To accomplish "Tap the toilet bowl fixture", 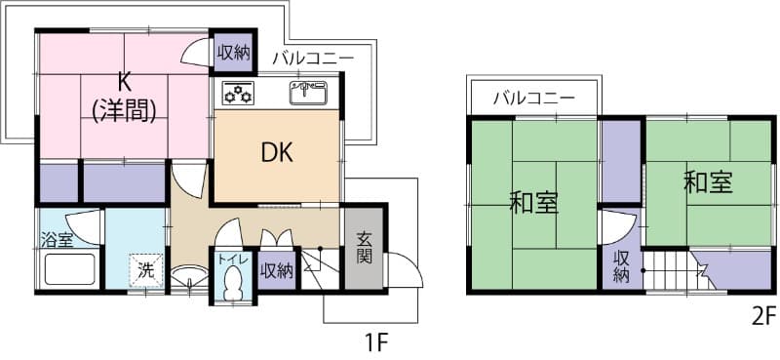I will (232, 285).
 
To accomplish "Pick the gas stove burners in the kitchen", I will (238, 94).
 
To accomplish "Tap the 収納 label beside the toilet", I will (277, 270).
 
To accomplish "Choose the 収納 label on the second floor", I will (621, 266).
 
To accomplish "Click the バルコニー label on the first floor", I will (313, 58).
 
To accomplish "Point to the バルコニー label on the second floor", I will (532, 98).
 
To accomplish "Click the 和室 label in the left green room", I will (533, 203).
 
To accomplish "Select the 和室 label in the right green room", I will (709, 181).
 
